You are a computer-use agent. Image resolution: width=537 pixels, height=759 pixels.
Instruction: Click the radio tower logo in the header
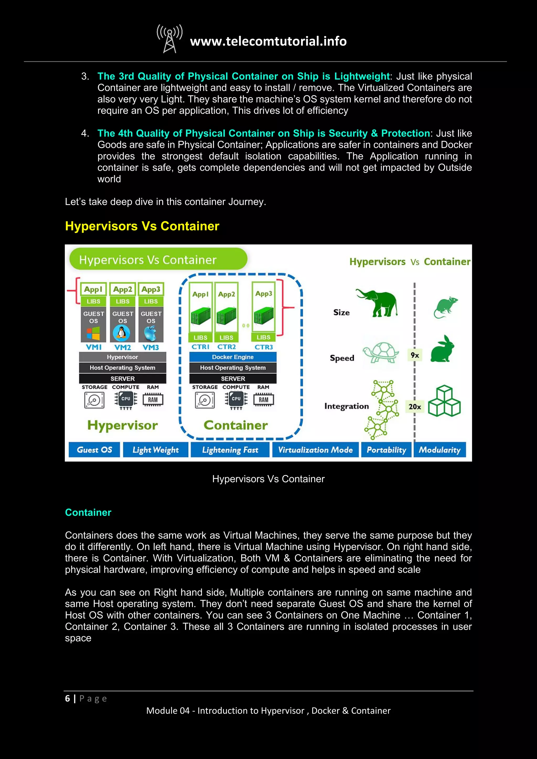pos(169,39)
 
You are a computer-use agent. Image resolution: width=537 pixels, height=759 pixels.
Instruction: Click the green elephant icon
pos(377,303)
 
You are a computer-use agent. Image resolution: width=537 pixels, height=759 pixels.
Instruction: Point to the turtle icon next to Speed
pos(381,353)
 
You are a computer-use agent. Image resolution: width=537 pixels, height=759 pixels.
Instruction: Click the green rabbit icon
pos(442,349)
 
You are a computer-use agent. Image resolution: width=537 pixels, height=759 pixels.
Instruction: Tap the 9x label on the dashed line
pos(415,355)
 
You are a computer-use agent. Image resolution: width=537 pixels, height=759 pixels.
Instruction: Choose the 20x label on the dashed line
pos(415,406)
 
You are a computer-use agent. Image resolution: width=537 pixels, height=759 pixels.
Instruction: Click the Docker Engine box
pos(233,357)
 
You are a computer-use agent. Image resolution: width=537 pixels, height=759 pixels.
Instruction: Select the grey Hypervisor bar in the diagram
pos(122,357)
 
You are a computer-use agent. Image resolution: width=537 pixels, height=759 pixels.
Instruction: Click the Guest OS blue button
pos(94,450)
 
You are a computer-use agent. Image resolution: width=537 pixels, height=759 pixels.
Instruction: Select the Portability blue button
pos(386,450)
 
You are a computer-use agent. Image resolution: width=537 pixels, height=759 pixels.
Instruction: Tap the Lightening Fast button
pos(230,450)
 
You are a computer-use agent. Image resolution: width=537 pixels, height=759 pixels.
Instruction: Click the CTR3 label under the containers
pos(264,347)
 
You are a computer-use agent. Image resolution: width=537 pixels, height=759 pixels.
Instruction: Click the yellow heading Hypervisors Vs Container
pos(142,226)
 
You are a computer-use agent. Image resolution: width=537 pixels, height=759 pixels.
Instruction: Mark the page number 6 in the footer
pos(67,698)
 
